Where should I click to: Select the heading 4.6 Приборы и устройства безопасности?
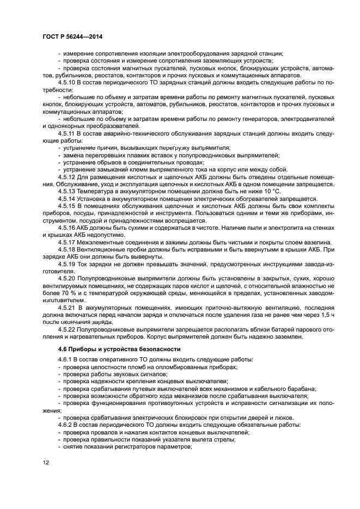119,348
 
